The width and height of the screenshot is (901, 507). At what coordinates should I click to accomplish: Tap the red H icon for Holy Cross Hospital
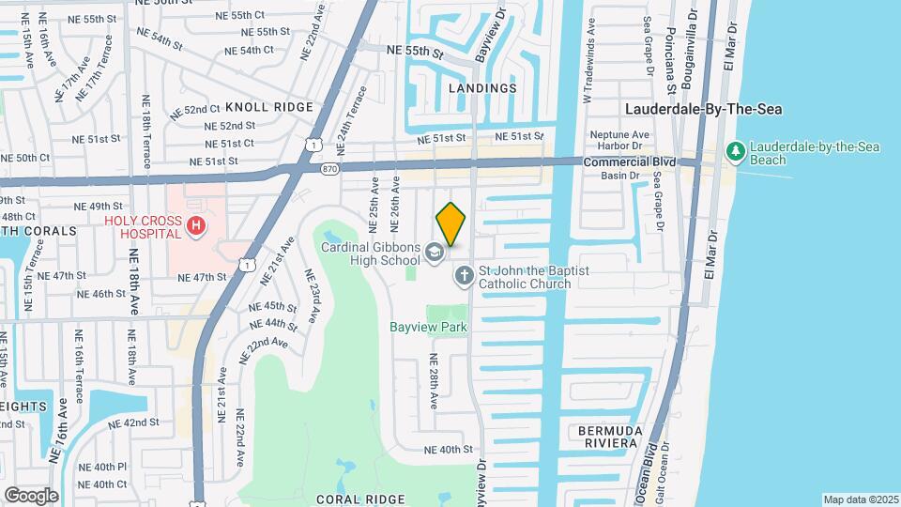click(195, 225)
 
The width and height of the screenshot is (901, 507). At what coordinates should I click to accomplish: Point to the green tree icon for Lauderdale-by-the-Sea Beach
click(737, 152)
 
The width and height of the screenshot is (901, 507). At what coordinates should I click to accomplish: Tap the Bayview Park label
click(428, 328)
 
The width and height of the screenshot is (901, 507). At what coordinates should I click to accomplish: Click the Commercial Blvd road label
click(642, 162)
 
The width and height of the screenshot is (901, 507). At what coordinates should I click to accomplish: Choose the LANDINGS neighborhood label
click(482, 88)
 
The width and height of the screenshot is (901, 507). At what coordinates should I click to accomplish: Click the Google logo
click(31, 495)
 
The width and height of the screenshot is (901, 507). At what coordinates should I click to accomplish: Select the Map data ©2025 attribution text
click(860, 499)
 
